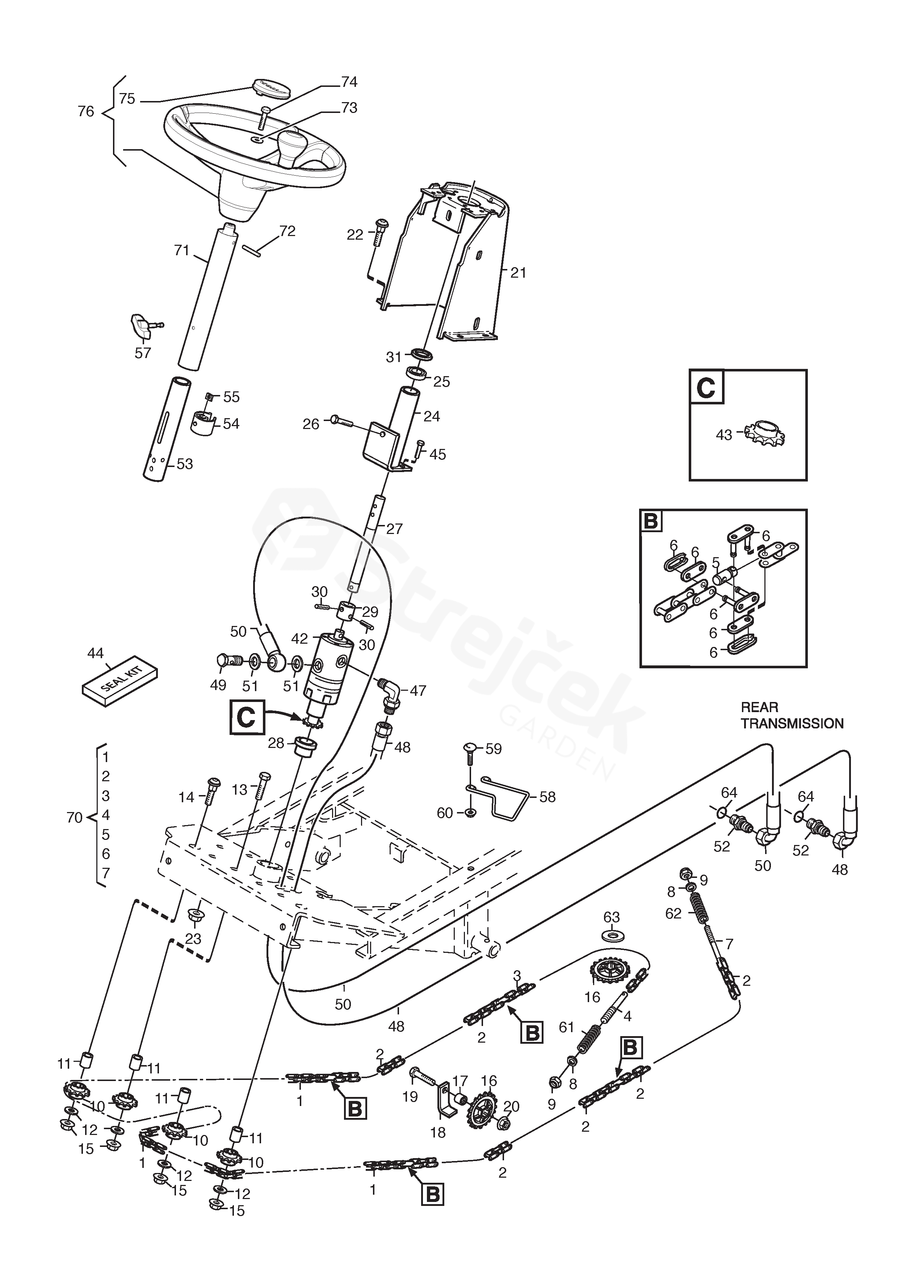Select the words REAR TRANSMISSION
click(x=792, y=715)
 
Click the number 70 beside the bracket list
click(x=74, y=817)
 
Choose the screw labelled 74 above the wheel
click(x=264, y=117)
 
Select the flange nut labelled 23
click(x=194, y=916)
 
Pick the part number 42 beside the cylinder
click(x=299, y=638)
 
